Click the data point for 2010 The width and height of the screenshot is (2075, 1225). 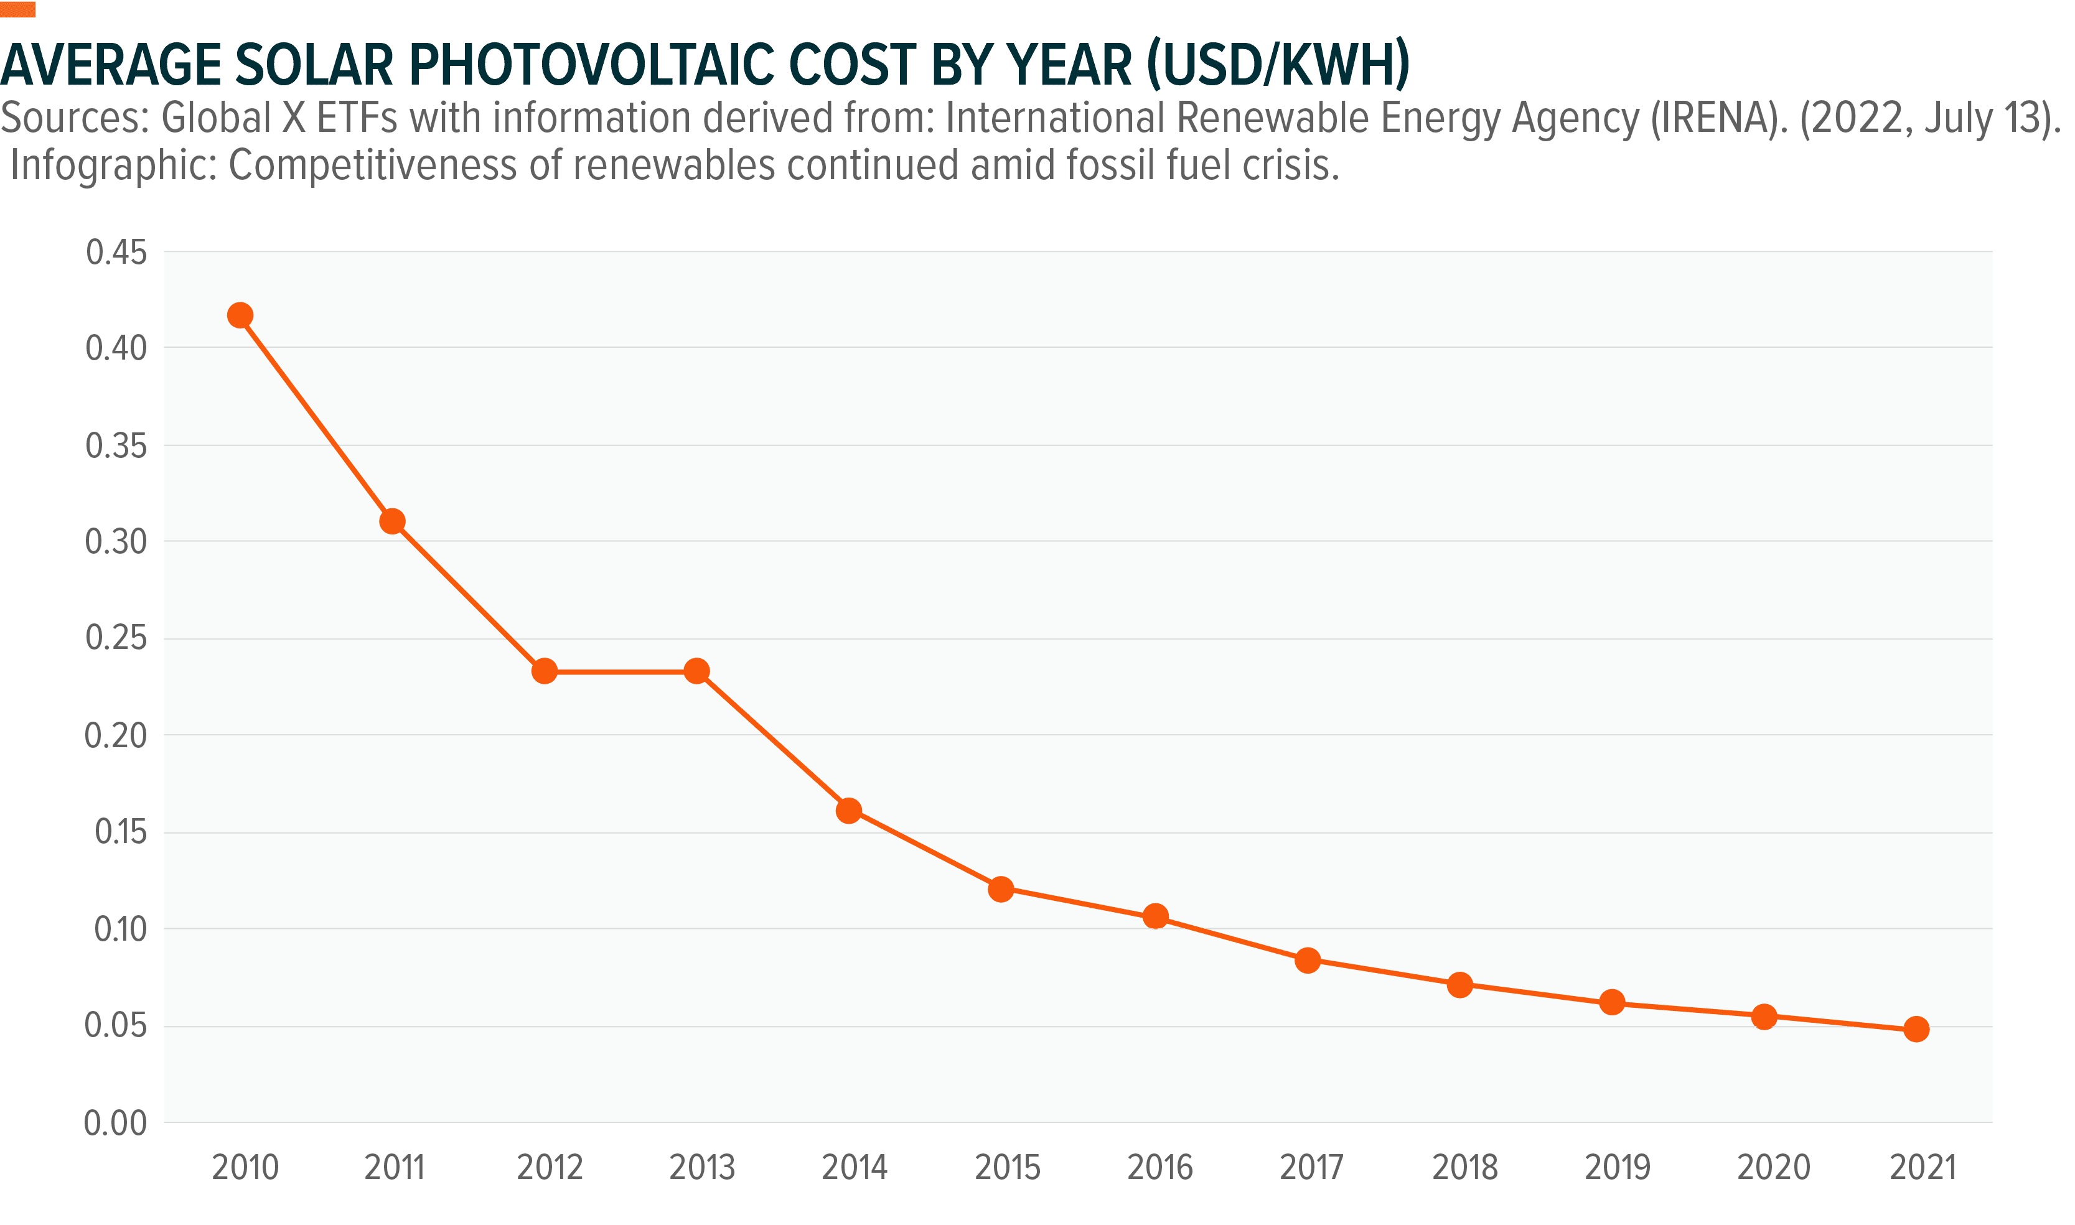click(x=240, y=315)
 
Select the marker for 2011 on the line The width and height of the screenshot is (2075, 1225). click(x=392, y=522)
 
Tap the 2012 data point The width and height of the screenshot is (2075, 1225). click(x=544, y=671)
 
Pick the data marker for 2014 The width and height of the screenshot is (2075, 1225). click(x=849, y=811)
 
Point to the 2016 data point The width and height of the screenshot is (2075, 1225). click(x=1156, y=916)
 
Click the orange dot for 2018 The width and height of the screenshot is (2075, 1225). click(x=1460, y=985)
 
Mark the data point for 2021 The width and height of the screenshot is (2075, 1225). click(x=1916, y=1030)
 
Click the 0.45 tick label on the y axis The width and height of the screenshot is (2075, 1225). click(x=116, y=253)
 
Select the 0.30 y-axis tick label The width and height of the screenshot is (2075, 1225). click(x=116, y=543)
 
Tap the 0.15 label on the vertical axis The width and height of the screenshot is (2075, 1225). click(x=121, y=832)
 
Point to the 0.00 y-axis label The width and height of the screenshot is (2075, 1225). click(x=116, y=1122)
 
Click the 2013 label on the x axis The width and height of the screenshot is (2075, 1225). click(x=702, y=1167)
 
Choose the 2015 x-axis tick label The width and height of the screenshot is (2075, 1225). click(x=1008, y=1167)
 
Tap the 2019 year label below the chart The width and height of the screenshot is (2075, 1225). click(x=1618, y=1167)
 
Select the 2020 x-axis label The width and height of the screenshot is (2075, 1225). click(x=1773, y=1167)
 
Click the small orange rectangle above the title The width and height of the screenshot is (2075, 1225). click(x=17, y=10)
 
